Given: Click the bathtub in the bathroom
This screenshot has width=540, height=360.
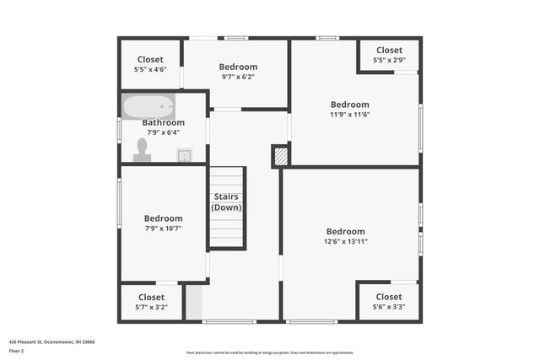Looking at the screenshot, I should click(x=148, y=107).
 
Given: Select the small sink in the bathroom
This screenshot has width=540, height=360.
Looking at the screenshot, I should click(x=184, y=154).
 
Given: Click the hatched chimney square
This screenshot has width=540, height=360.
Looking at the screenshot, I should click(x=280, y=155).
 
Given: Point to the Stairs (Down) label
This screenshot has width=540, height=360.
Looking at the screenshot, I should click(x=226, y=201).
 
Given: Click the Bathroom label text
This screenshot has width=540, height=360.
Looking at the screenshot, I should click(x=164, y=122).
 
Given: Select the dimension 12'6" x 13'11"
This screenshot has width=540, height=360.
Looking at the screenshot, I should click(x=346, y=241).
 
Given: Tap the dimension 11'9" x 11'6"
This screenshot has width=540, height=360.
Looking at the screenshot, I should click(x=350, y=115).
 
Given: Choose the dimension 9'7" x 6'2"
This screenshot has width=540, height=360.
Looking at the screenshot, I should click(x=238, y=77).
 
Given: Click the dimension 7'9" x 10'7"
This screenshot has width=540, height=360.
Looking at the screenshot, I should click(x=163, y=228).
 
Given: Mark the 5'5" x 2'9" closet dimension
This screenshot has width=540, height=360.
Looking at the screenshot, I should click(x=389, y=60).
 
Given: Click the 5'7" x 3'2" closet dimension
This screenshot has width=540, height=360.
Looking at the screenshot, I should click(x=152, y=307).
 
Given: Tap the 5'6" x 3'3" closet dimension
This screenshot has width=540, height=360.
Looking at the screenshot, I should click(x=389, y=307).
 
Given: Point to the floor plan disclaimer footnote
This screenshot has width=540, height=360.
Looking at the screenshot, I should click(x=269, y=352).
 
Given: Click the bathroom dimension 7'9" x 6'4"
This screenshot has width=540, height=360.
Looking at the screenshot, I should click(x=164, y=132).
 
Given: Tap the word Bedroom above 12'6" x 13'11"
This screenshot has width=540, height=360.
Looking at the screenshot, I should click(x=346, y=232).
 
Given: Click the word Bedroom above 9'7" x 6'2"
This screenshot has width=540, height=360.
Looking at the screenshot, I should click(x=238, y=67).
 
